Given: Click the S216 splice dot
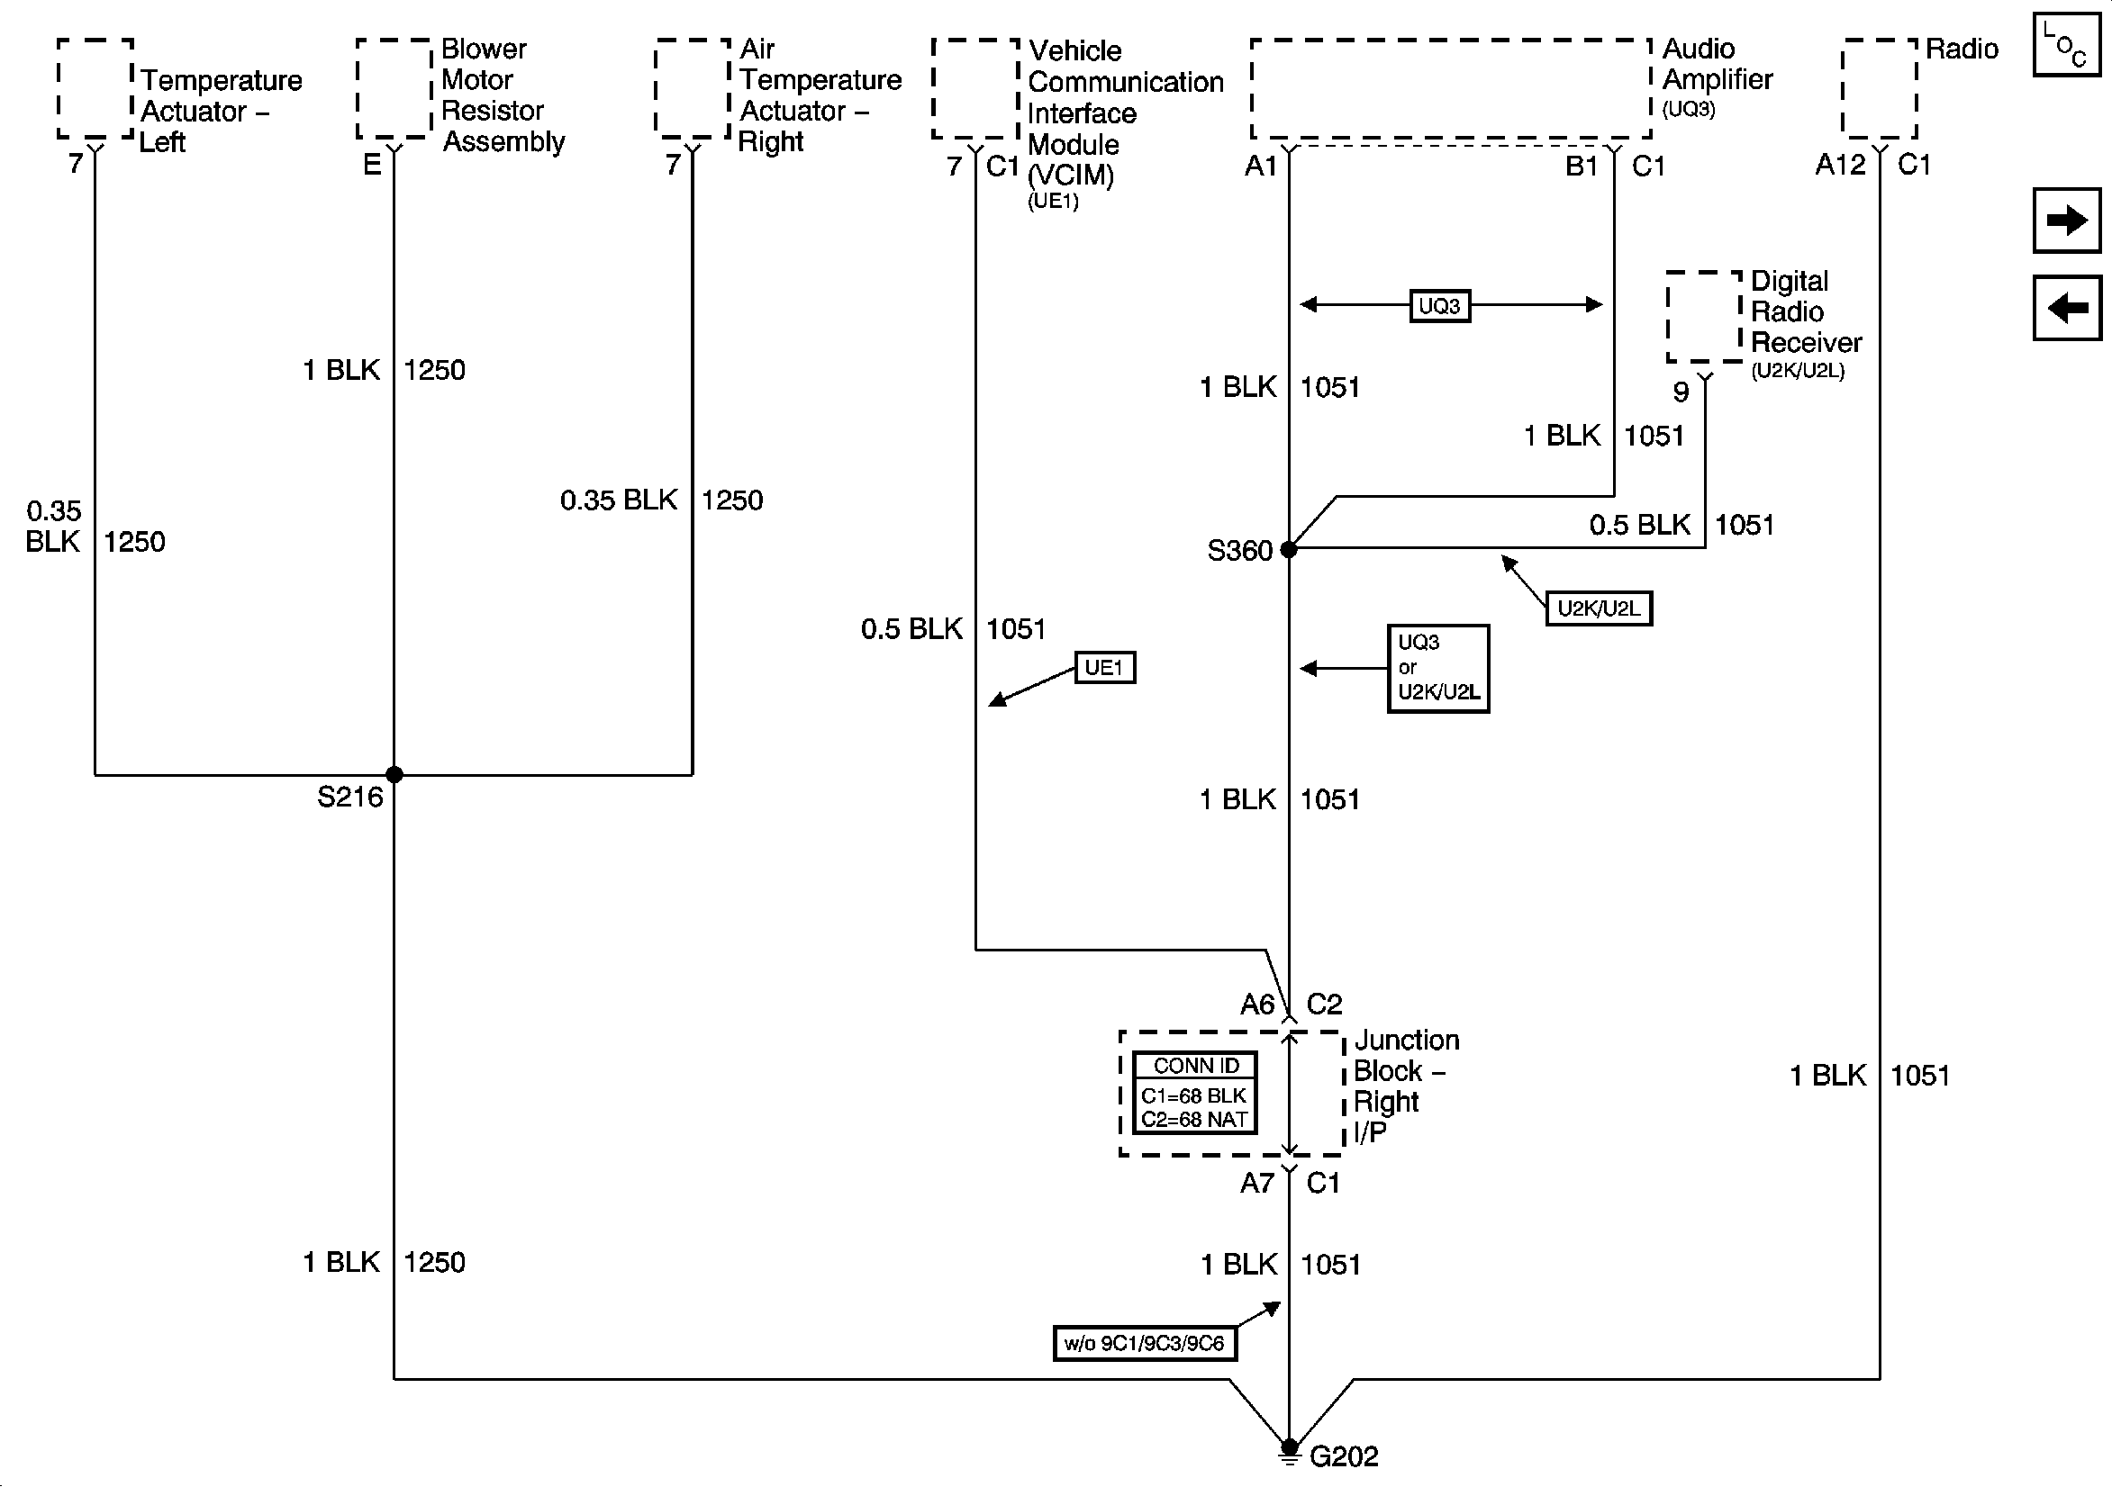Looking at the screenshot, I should click(x=394, y=774).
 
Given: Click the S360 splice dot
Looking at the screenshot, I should click(x=1289, y=550).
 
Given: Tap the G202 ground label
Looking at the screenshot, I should click(x=1344, y=1456).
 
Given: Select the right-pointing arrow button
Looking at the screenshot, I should click(x=2066, y=221).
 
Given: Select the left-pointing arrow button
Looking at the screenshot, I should click(x=2066, y=308).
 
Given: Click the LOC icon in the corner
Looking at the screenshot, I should click(x=2066, y=46).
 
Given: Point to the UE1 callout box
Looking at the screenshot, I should click(x=1105, y=668).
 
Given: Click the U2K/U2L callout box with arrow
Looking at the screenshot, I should click(x=1598, y=608).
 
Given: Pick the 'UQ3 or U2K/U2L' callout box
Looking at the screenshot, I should click(x=1437, y=669).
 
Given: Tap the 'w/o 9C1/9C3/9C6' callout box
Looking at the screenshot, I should click(x=1144, y=1344).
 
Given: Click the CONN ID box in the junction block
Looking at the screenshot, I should click(x=1194, y=1093).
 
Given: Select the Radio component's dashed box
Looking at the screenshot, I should click(x=1880, y=88).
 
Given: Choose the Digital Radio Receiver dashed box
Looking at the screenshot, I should click(x=1704, y=316).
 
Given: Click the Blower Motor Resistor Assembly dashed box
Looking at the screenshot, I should click(x=394, y=88).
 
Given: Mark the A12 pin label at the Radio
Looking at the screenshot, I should click(x=1840, y=166).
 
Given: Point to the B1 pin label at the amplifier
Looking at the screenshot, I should click(x=1582, y=167).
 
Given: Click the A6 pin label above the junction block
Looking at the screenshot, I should click(x=1256, y=1005).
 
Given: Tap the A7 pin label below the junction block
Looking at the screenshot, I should click(x=1256, y=1183).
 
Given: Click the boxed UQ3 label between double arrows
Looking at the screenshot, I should click(x=1439, y=305).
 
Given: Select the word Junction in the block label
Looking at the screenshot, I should click(x=1407, y=1040).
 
